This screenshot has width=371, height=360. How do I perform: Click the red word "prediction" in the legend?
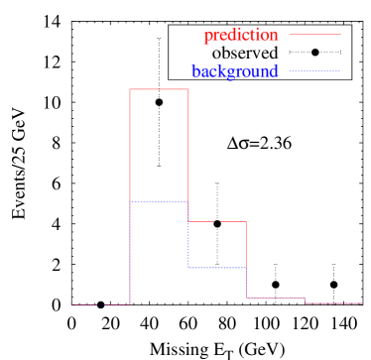click(x=240, y=36)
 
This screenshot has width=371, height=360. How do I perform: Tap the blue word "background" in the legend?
click(x=235, y=71)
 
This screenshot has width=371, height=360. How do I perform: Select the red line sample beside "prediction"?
click(x=314, y=35)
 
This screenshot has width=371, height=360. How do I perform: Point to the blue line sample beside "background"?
click(x=314, y=70)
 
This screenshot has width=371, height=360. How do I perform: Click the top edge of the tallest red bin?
click(x=159, y=89)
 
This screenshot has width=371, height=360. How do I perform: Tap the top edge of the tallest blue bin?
click(x=159, y=201)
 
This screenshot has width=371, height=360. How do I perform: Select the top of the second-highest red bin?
click(x=217, y=222)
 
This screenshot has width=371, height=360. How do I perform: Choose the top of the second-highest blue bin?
click(x=217, y=268)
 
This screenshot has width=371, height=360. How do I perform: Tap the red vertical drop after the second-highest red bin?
click(x=246, y=260)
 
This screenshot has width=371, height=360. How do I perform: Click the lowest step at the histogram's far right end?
click(x=333, y=303)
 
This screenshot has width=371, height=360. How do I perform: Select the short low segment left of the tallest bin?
click(x=100, y=305)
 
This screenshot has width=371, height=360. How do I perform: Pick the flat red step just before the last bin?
click(x=275, y=298)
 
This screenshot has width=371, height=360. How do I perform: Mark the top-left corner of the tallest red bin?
click(x=130, y=89)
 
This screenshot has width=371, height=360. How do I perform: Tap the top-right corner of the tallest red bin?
click(x=188, y=89)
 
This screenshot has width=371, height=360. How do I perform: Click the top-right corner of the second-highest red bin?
click(x=246, y=222)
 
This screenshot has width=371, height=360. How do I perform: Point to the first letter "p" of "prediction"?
click(x=207, y=37)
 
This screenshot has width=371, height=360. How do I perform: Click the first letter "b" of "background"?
click(x=195, y=71)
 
